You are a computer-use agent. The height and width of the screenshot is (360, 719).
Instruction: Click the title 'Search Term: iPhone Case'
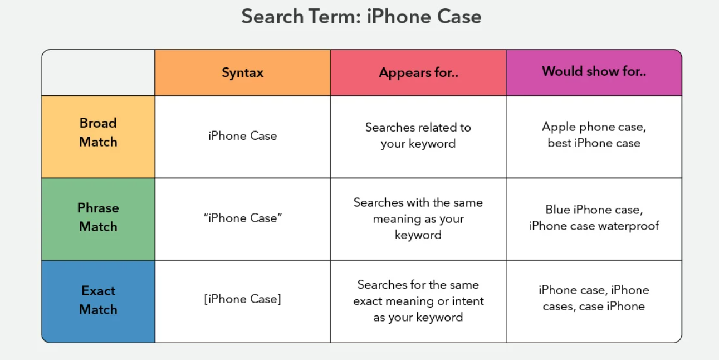pyautogui.click(x=361, y=16)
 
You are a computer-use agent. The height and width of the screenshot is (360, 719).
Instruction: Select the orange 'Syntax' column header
pyautogui.click(x=243, y=72)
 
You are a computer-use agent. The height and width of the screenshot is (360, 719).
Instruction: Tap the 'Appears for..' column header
pyautogui.click(x=418, y=72)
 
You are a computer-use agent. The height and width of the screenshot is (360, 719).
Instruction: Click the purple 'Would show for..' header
pyautogui.click(x=594, y=72)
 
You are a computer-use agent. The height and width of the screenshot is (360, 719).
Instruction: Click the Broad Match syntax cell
pyautogui.click(x=243, y=137)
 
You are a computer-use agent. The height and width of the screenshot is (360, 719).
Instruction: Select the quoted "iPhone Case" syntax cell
pyautogui.click(x=243, y=219)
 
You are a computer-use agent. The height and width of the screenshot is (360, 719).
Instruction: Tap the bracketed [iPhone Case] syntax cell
pyautogui.click(x=243, y=301)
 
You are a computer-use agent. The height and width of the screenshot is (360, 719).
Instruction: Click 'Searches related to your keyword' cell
pyautogui.click(x=418, y=137)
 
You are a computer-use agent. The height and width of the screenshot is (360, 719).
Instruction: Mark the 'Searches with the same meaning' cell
pyautogui.click(x=418, y=219)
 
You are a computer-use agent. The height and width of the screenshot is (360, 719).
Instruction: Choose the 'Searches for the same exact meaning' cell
pyautogui.click(x=418, y=301)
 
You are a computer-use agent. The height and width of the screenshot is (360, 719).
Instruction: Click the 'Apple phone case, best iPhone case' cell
pyautogui.click(x=594, y=137)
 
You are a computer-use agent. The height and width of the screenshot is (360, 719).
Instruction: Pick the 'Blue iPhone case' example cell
pyautogui.click(x=594, y=219)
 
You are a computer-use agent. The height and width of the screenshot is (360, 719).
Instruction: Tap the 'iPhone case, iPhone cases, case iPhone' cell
pyautogui.click(x=594, y=301)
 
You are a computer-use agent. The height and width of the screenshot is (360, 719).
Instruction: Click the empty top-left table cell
pyautogui.click(x=98, y=72)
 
